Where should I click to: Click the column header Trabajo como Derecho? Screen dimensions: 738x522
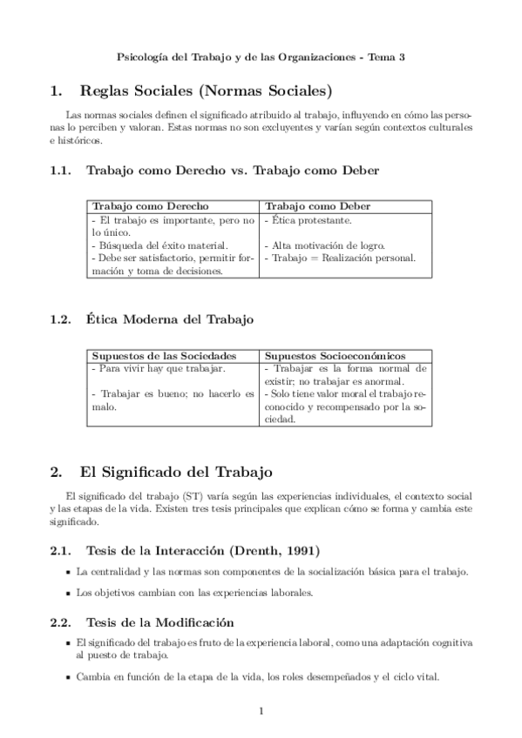150,207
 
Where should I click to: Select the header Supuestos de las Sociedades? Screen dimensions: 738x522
164,356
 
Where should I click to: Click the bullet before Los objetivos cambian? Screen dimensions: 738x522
68,593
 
